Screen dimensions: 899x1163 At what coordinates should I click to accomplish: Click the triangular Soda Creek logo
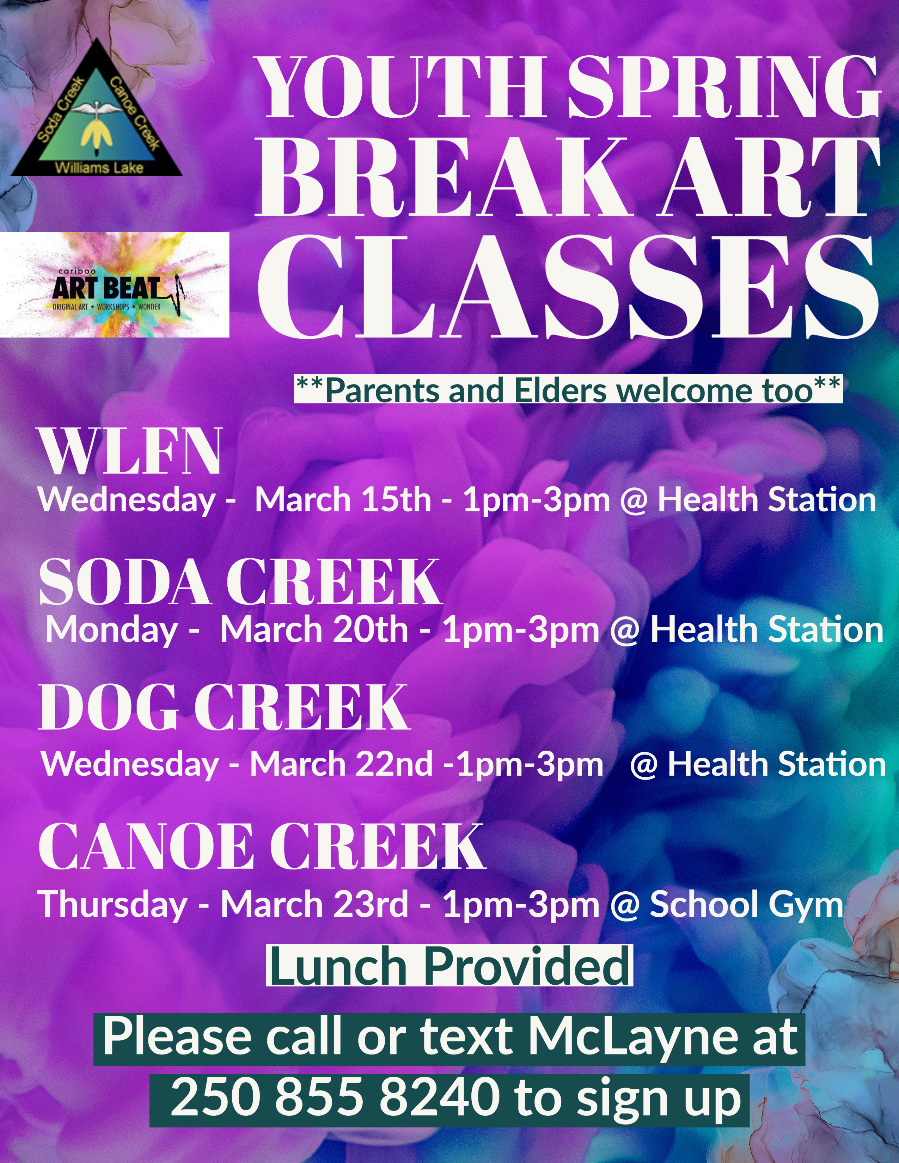click(97, 109)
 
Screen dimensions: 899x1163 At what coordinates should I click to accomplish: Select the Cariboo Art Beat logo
click(115, 285)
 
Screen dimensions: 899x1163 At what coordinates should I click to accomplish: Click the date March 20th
click(314, 630)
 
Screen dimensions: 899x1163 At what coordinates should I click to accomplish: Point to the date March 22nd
click(341, 765)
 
